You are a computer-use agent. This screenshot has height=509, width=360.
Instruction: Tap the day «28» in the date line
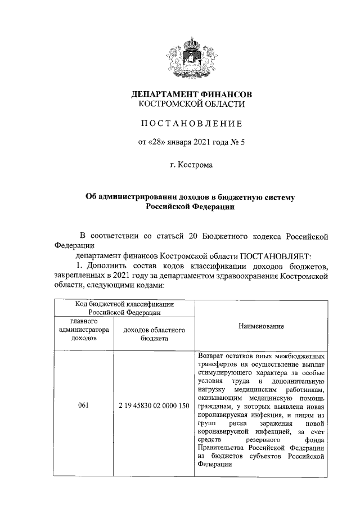[159, 142]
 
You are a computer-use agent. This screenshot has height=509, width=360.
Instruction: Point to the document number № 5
[237, 142]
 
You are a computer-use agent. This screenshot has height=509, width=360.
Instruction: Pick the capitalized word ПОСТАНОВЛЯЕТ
[272, 255]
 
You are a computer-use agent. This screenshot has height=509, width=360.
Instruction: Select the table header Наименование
[261, 326]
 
